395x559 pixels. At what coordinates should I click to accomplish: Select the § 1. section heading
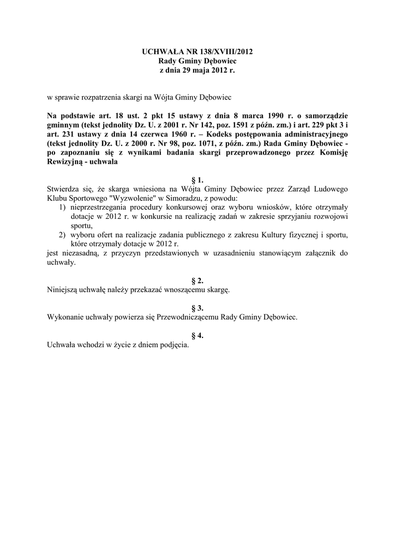[197, 180]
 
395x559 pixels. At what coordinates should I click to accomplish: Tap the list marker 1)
[62, 207]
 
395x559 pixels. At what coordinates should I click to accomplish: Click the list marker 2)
[62, 235]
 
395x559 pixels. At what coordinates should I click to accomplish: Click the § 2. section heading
[197, 280]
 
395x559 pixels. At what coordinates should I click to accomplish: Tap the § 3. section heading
[197, 308]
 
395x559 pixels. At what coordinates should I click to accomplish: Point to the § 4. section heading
[197, 336]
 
